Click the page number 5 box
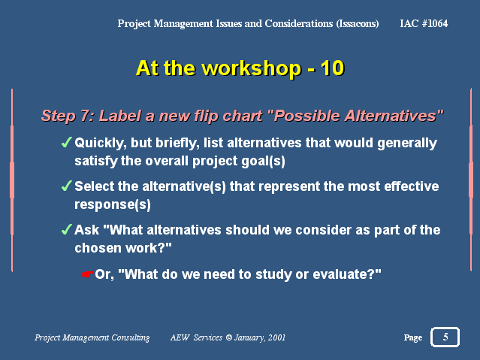tap(445, 337)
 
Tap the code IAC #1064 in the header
tap(424, 23)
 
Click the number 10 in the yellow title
tap(333, 68)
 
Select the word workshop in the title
tap(252, 68)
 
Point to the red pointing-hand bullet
tap(88, 274)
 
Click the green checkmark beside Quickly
tap(66, 142)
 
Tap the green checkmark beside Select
tap(66, 186)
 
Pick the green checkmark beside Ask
tap(66, 229)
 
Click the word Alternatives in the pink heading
tap(391, 116)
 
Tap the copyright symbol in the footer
tap(228, 337)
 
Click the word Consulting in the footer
tap(131, 338)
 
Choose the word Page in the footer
tap(413, 338)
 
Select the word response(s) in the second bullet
tap(113, 205)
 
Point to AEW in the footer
tap(180, 337)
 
